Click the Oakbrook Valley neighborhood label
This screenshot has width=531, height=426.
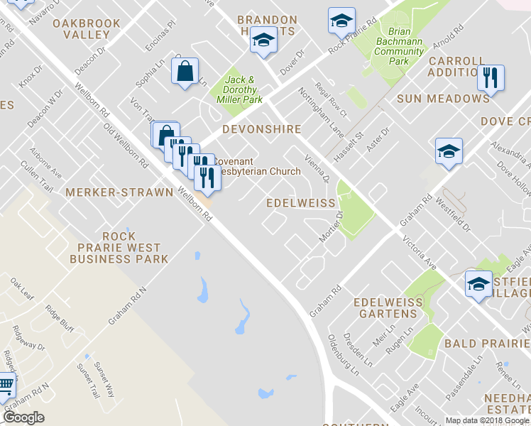[x=87, y=28]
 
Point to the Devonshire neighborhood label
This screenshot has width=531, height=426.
[x=261, y=130]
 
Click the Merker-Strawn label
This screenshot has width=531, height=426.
[x=119, y=192]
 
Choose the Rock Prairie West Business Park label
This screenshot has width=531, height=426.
[x=119, y=248]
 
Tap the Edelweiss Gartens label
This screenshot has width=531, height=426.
[x=388, y=308]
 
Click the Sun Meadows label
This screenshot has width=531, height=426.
[x=443, y=99]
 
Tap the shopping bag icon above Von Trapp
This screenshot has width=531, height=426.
[x=185, y=71]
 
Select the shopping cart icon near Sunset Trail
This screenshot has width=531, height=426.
[x=6, y=386]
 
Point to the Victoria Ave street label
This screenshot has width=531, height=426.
[x=420, y=253]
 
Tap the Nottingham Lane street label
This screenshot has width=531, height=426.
[x=322, y=109]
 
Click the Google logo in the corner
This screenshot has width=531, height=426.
[x=23, y=417]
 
